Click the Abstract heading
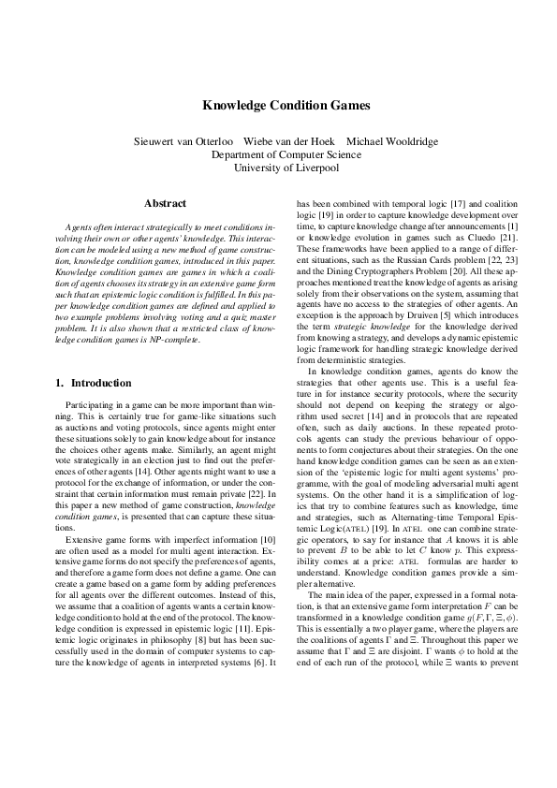point(165,203)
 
